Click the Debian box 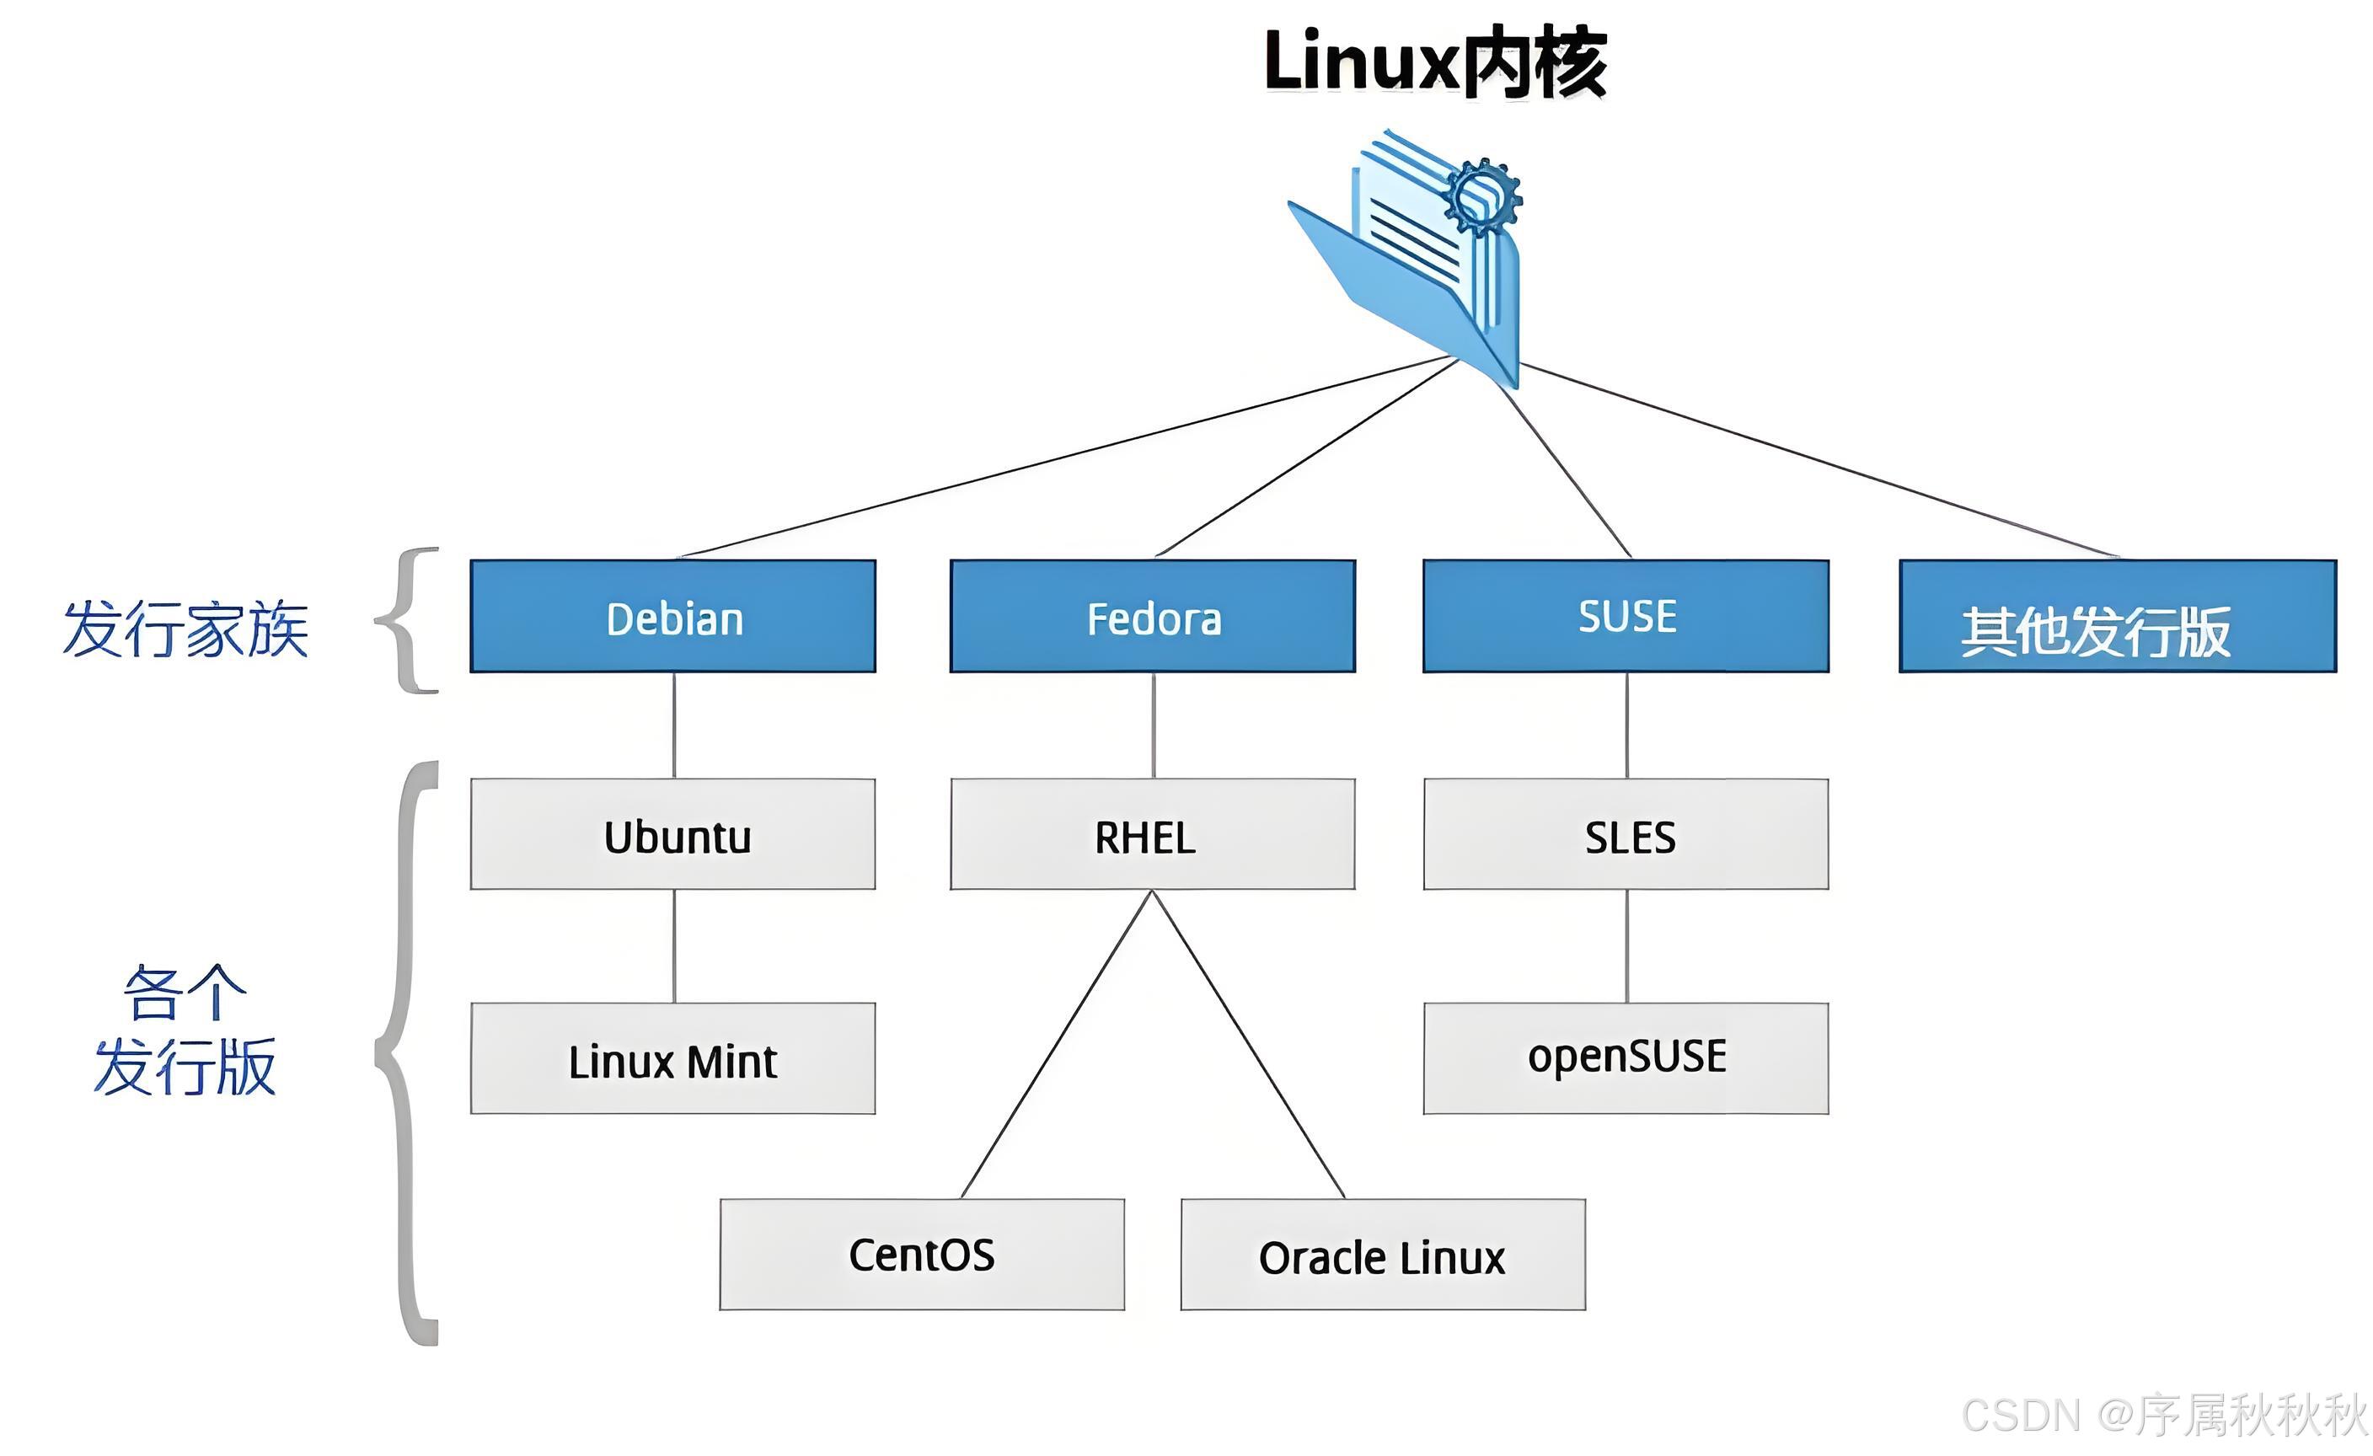pos(673,616)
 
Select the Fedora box pos(1153,616)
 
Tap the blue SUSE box pos(1626,616)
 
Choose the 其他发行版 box pos(2118,616)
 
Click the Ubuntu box pos(673,835)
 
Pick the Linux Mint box pos(673,1059)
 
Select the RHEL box pos(1153,835)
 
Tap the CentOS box pos(922,1255)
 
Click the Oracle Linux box pos(1383,1255)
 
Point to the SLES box pos(1626,835)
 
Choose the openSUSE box pos(1626,1059)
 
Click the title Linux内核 pos(1435,62)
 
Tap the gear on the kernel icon pos(1483,196)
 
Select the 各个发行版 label pos(185,1030)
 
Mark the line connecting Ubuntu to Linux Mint pos(674,945)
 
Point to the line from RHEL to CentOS pos(1057,1045)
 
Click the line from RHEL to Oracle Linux pos(1249,1045)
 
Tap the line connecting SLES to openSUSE pos(1627,945)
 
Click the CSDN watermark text pos(2163,1416)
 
